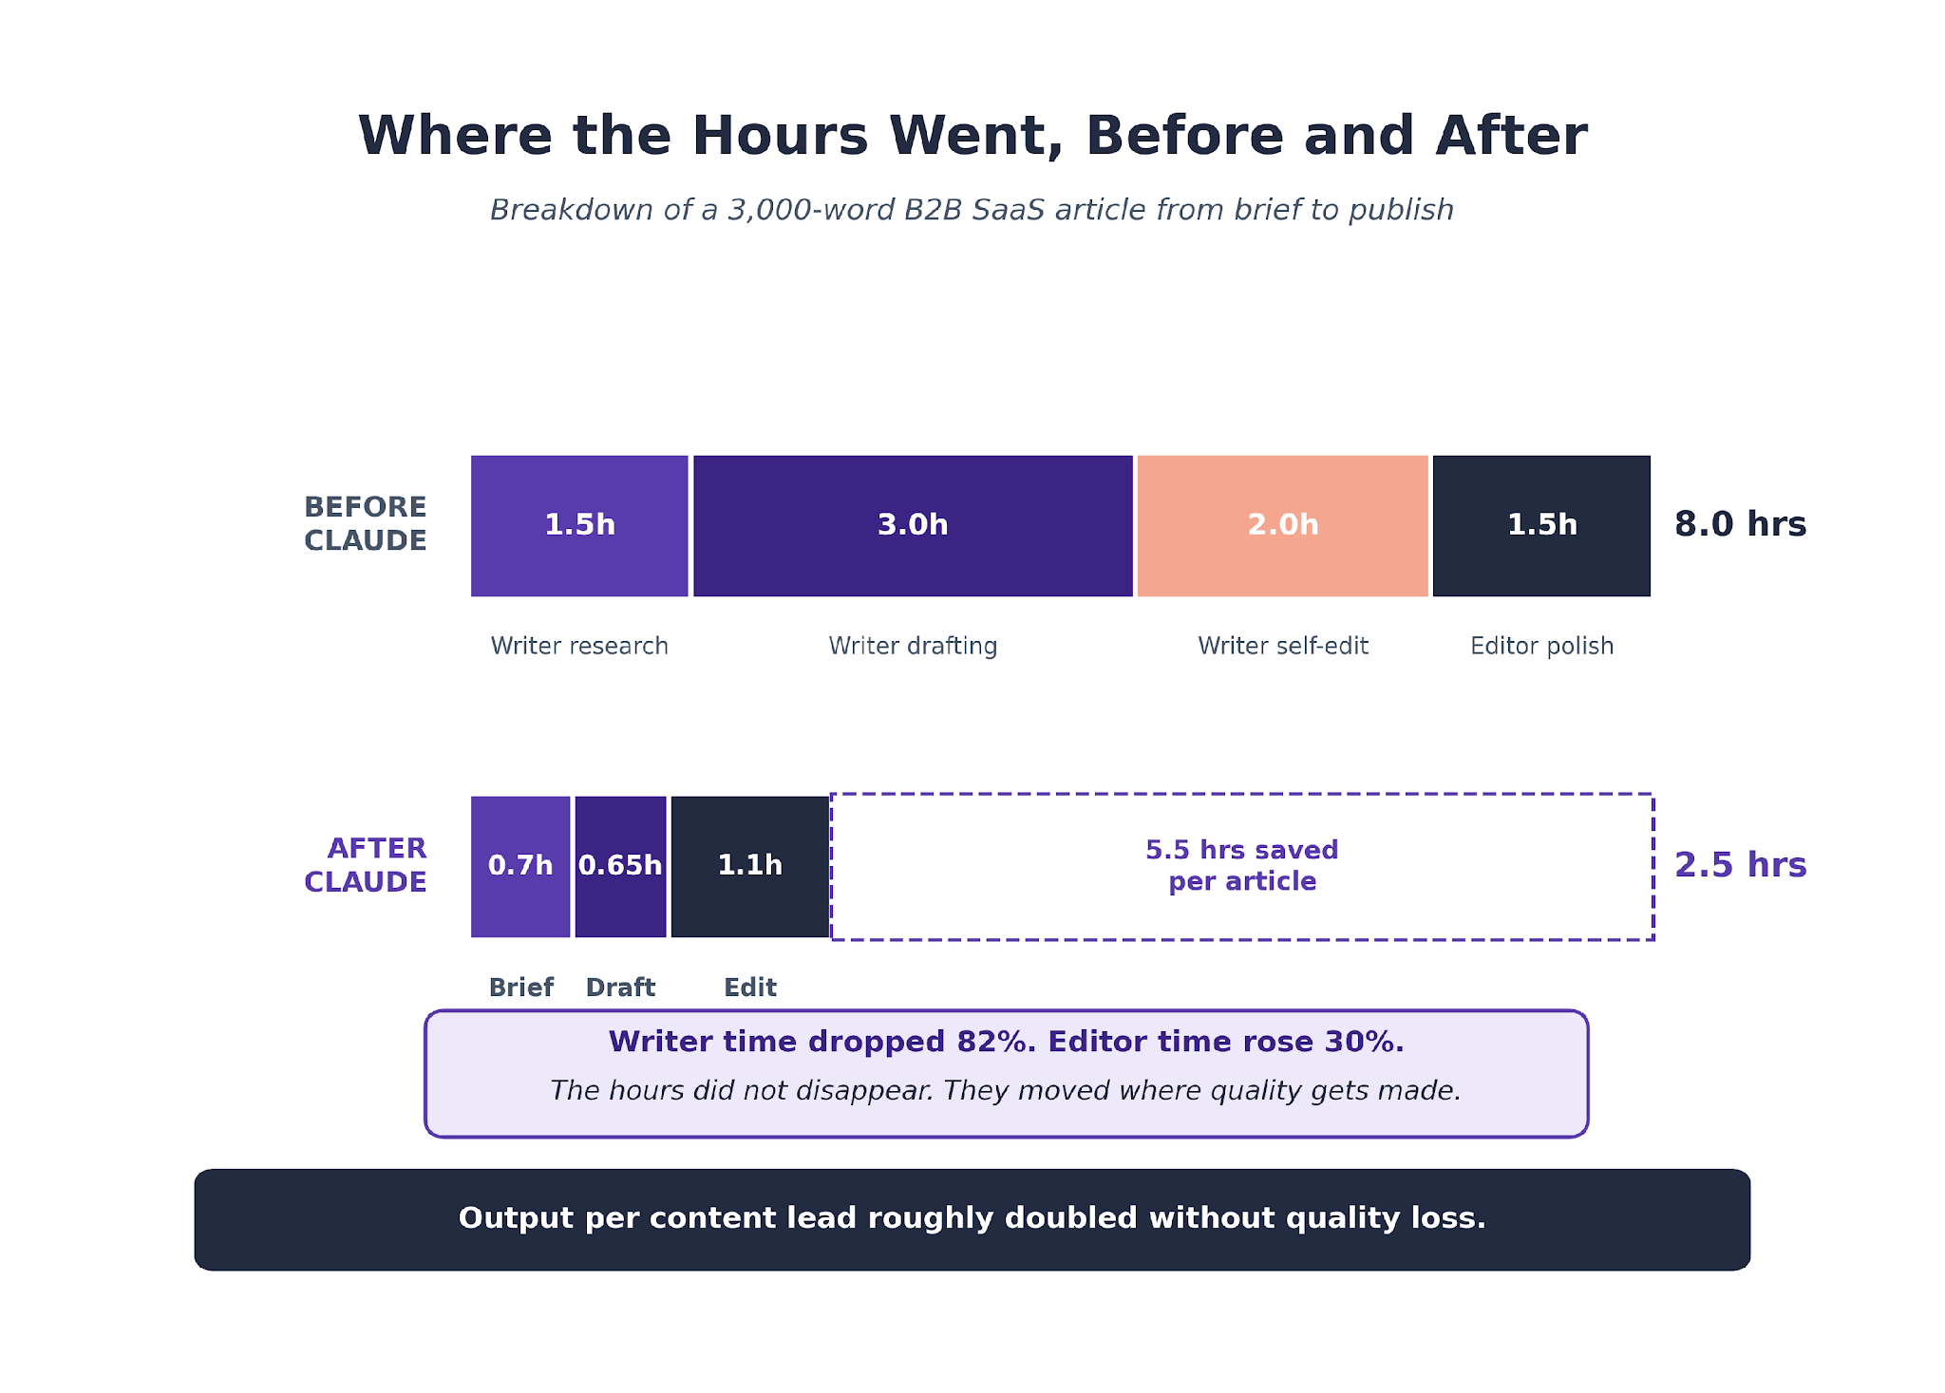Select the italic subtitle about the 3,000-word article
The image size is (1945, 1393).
(972, 210)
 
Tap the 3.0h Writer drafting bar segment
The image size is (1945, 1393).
(913, 526)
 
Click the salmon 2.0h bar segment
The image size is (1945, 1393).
(1283, 526)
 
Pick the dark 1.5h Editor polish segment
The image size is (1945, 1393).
(1541, 526)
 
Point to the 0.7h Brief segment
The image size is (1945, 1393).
(520, 867)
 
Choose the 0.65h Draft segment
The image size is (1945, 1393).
(620, 867)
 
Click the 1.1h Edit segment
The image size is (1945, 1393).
(750, 867)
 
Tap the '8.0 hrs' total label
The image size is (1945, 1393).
(1740, 524)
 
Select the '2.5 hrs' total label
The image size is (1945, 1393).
(1740, 865)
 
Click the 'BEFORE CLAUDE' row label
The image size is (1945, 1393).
(366, 523)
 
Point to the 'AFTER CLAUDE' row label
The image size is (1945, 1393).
(366, 865)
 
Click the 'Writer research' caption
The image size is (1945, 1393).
(579, 647)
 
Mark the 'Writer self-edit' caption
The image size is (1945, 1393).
(1283, 647)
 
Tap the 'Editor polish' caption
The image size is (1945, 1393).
(1542, 647)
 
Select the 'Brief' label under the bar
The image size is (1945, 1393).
(521, 988)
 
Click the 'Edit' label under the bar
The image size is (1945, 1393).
(750, 988)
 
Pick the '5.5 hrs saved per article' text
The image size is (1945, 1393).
(1242, 866)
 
